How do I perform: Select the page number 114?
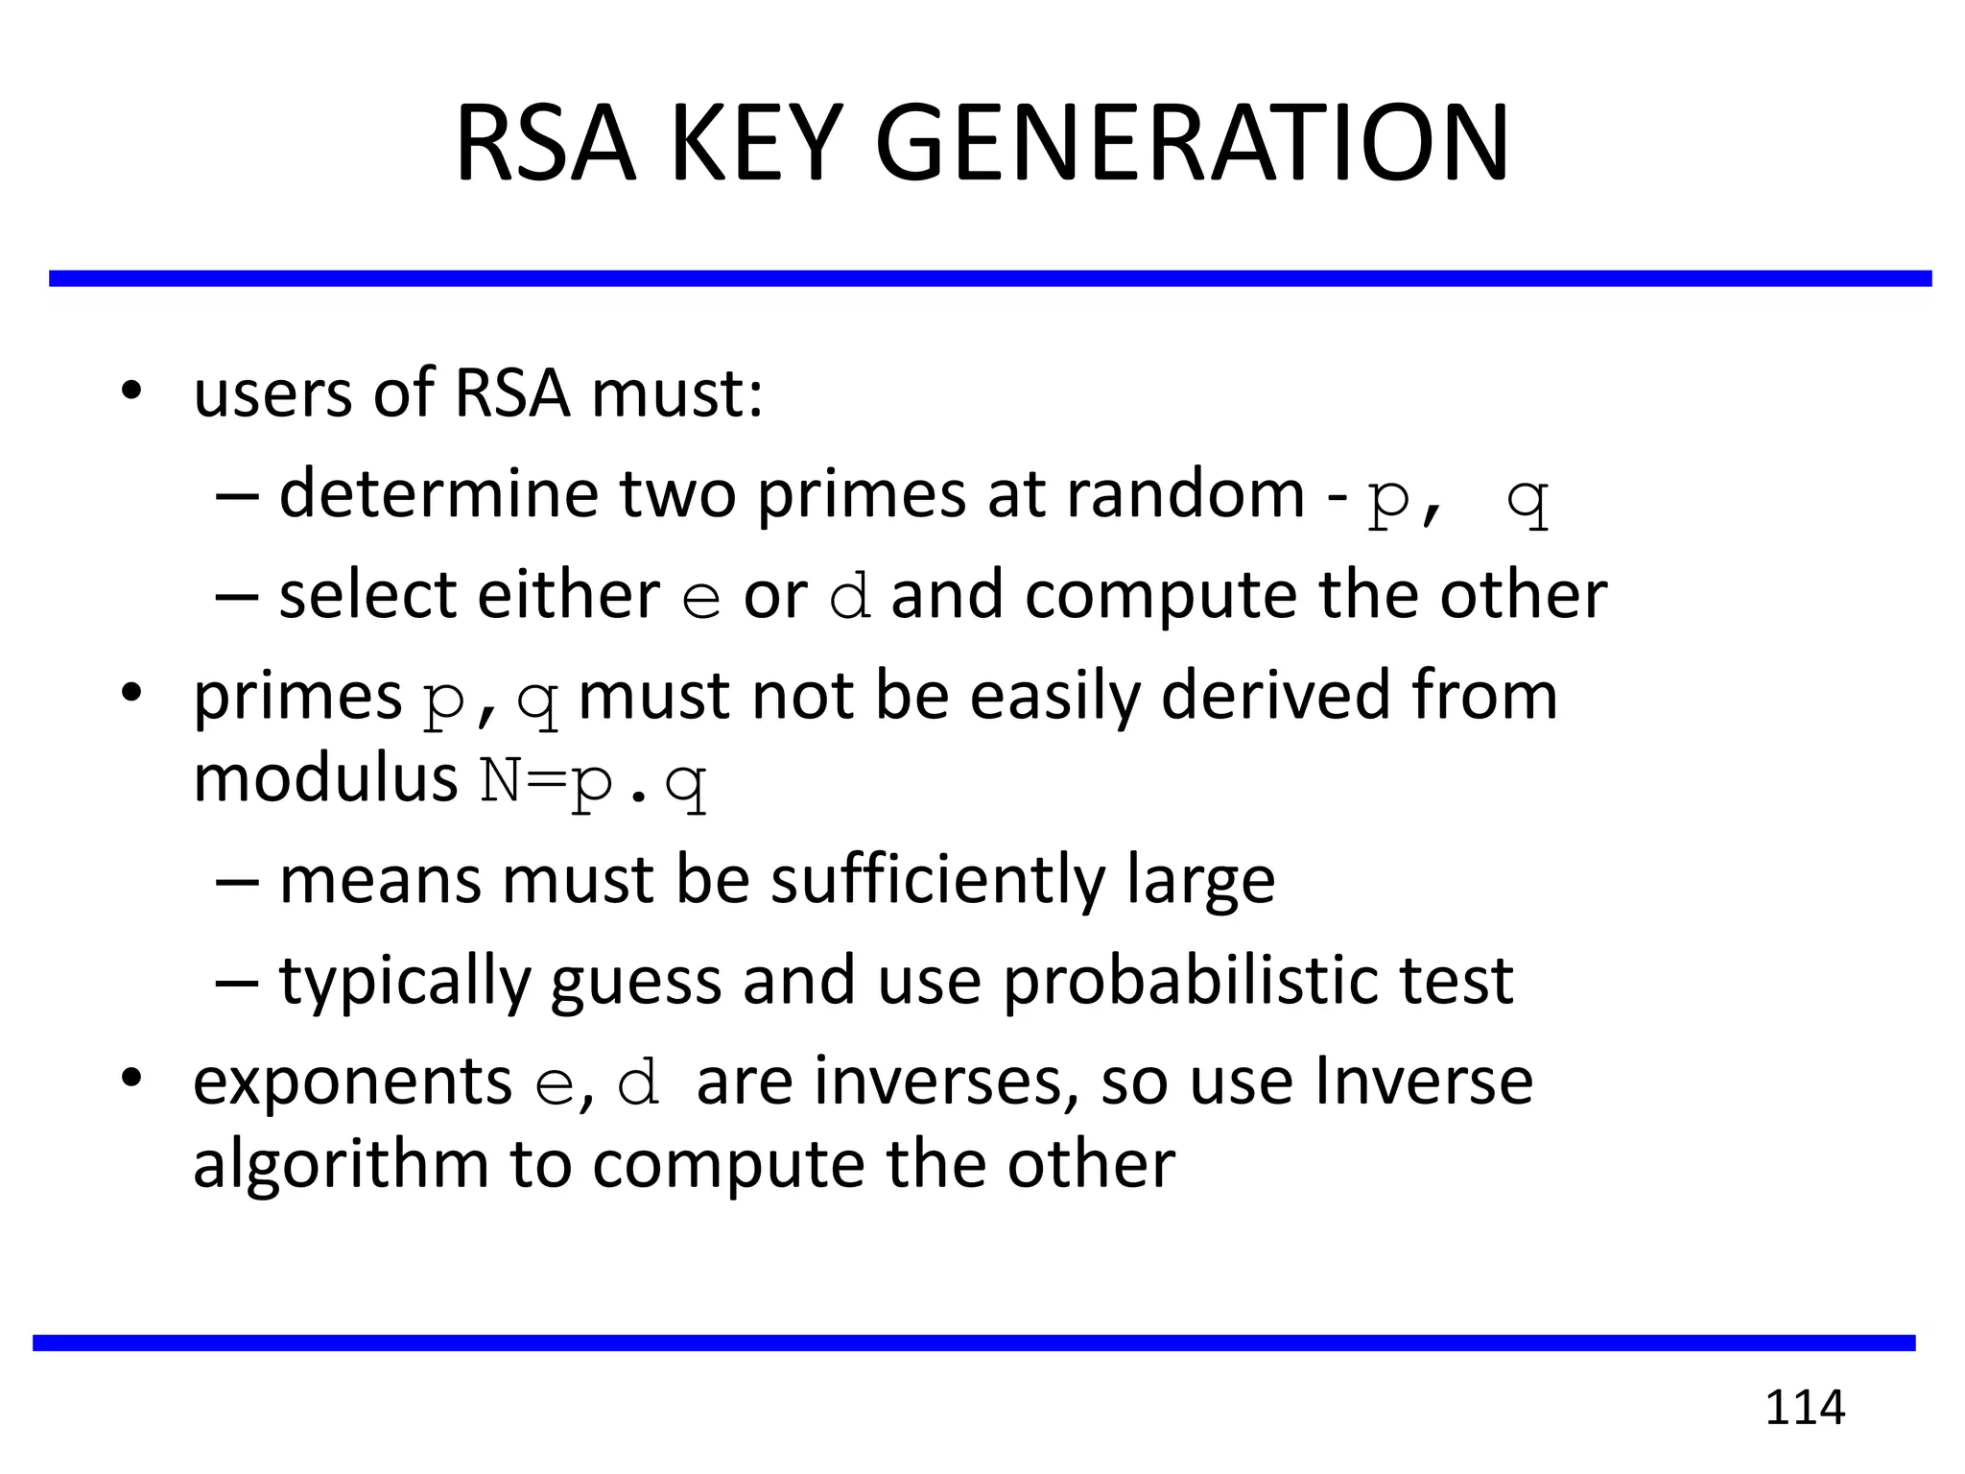(1805, 1408)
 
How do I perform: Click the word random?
(1185, 493)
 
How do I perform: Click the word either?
(568, 595)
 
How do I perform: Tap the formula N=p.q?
(593, 781)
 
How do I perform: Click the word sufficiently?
(937, 881)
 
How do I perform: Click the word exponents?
(352, 1082)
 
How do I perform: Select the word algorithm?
(341, 1165)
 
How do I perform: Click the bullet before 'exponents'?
(131, 1079)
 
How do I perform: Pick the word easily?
(1054, 696)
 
